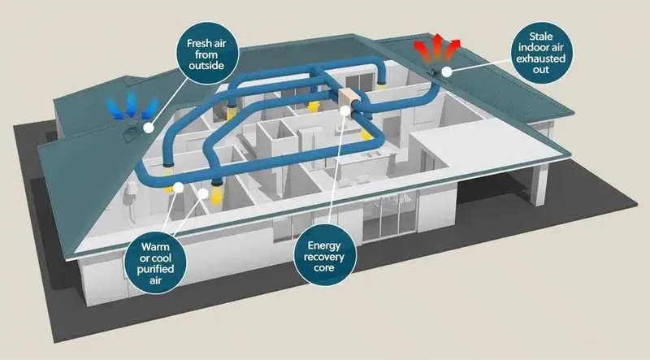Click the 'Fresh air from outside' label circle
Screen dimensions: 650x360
(207, 54)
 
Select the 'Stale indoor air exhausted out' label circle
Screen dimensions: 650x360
(540, 53)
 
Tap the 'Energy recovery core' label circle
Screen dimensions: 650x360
(323, 256)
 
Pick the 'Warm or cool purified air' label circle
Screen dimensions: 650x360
(155, 263)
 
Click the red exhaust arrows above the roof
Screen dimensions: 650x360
(437, 49)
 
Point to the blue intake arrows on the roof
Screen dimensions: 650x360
(132, 106)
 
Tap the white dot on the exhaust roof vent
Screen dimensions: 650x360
(446, 72)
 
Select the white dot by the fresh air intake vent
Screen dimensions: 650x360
(148, 128)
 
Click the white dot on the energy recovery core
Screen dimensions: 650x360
(345, 110)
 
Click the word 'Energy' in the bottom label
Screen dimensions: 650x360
(323, 245)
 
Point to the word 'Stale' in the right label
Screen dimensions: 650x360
(540, 37)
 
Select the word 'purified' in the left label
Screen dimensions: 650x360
(155, 269)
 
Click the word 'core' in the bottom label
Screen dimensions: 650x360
(323, 268)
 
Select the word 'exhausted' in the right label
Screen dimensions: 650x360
(540, 59)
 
